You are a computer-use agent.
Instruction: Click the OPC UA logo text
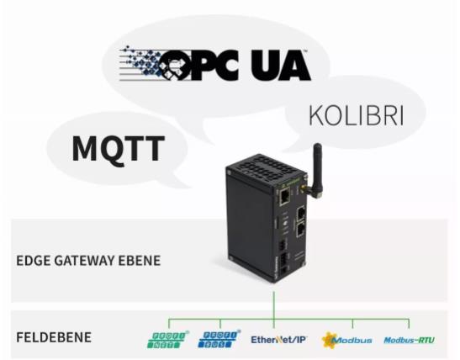pyautogui.click(x=235, y=65)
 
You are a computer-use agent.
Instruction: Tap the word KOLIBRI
pyautogui.click(x=357, y=116)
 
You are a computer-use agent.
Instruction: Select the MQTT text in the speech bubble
pyautogui.click(x=119, y=149)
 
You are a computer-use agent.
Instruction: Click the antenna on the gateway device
pyautogui.click(x=317, y=170)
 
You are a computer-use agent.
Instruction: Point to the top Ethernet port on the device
pyautogui.click(x=284, y=196)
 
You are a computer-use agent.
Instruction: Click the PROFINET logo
pyautogui.click(x=167, y=340)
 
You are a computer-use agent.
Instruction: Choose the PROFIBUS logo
pyautogui.click(x=219, y=339)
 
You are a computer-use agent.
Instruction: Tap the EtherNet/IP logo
pyautogui.click(x=278, y=340)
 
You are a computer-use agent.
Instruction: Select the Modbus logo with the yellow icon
pyautogui.click(x=346, y=340)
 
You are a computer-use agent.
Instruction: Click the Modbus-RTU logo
pyautogui.click(x=409, y=341)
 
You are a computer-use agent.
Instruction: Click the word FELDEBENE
pyautogui.click(x=53, y=337)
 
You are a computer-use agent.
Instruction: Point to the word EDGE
pyautogui.click(x=32, y=261)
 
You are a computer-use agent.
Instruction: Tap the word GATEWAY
pyautogui.click(x=83, y=261)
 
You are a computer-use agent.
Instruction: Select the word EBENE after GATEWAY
pyautogui.click(x=140, y=261)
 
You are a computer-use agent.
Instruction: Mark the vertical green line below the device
pyautogui.click(x=273, y=310)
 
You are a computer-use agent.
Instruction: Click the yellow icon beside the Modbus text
pyautogui.click(x=329, y=340)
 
